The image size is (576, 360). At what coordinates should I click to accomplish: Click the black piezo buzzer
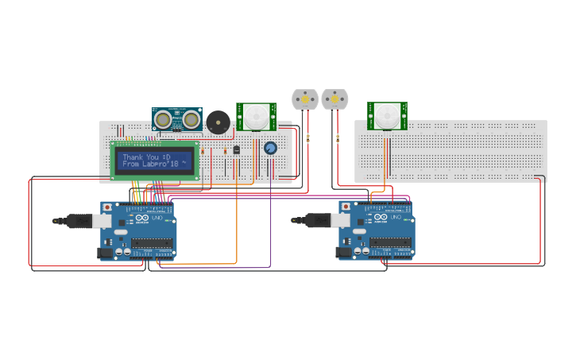[x=218, y=122]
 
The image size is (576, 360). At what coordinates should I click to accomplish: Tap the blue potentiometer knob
[x=270, y=148]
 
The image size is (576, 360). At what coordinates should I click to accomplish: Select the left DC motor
[x=305, y=99]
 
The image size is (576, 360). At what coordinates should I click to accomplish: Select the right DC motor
[x=334, y=99]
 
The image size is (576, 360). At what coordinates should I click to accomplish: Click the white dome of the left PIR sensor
[x=256, y=116]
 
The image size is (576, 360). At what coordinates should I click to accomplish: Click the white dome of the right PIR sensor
[x=387, y=115]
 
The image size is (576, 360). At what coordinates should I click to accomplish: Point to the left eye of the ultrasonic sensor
[x=164, y=120]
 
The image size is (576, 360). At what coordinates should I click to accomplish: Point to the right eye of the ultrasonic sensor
[x=191, y=120]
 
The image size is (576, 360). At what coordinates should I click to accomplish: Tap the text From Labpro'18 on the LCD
[x=151, y=165]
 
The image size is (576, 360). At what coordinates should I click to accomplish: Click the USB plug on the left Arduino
[x=79, y=220]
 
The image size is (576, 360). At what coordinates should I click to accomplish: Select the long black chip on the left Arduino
[x=152, y=244]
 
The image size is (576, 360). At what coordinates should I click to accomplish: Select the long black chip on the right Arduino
[x=390, y=244]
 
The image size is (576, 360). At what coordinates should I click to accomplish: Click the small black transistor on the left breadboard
[x=236, y=149]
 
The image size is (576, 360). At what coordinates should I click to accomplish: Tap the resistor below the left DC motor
[x=307, y=138]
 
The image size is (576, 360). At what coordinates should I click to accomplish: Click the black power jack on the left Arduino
[x=105, y=253]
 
